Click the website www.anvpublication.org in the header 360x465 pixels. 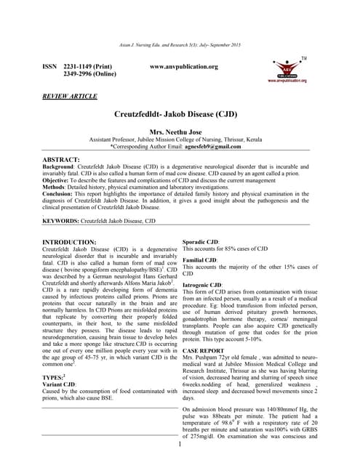point(183,67)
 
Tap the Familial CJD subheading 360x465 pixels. point(200,259)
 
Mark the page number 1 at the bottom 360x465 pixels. point(179,443)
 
